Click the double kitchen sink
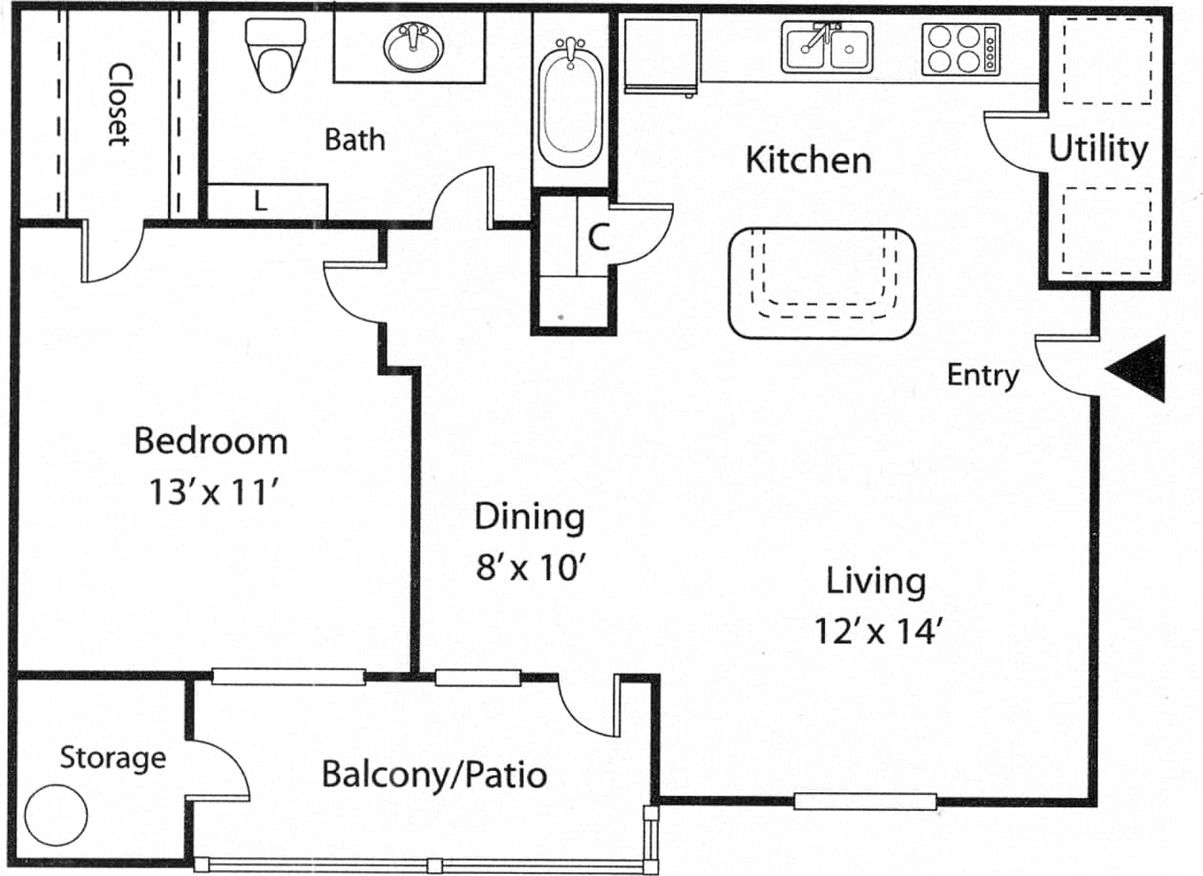coord(827,48)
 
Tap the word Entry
coord(982,375)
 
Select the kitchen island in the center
coord(822,282)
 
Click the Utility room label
coord(1098,150)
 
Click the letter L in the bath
coord(260,201)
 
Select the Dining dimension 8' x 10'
coord(529,569)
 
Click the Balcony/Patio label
coord(434,774)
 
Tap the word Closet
coord(118,104)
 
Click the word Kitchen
coord(808,159)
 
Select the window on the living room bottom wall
coord(865,802)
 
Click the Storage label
coord(113,759)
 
